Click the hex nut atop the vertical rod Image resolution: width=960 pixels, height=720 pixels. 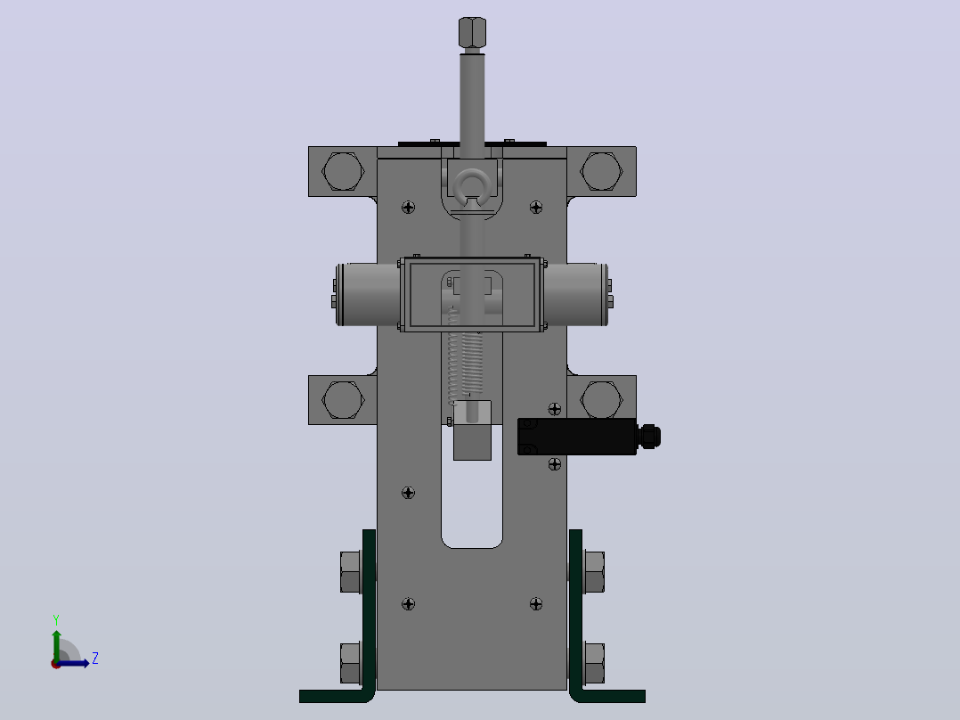472,32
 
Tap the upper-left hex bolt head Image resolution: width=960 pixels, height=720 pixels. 343,171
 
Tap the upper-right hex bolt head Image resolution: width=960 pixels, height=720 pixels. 602,171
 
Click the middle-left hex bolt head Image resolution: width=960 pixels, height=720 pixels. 343,399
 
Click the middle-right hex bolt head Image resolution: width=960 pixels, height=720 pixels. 602,399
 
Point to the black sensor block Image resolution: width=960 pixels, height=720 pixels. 577,437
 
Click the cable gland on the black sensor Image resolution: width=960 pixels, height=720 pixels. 649,437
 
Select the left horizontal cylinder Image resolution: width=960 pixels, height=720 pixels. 368,295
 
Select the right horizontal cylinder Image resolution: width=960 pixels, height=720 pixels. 576,295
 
